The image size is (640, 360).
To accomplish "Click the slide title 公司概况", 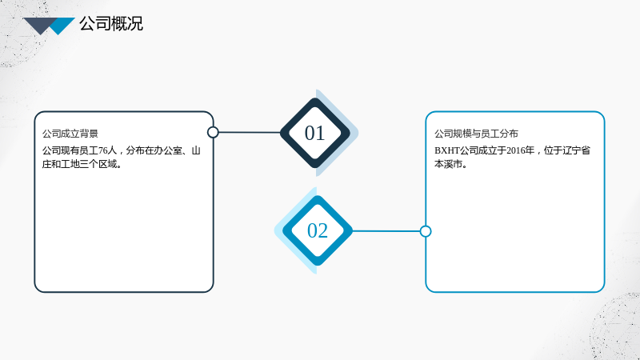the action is (111, 24).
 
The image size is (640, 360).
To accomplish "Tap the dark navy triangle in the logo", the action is (39, 25).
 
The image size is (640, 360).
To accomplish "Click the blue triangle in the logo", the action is (62, 26).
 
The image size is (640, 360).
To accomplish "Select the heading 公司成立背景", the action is (70, 134).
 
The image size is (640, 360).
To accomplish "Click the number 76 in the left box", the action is (103, 150).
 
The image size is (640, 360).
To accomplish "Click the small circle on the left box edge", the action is (213, 132).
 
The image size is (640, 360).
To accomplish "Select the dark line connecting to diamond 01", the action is (250, 132).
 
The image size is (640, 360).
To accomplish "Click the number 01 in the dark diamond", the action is (314, 133).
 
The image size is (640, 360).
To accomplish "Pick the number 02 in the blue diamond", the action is (317, 230).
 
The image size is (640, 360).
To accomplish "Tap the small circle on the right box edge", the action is (426, 231).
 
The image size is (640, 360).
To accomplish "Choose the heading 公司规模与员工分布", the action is (476, 134).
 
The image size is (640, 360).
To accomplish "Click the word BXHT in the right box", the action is (447, 150).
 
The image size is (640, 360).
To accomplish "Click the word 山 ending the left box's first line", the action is (196, 150).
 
